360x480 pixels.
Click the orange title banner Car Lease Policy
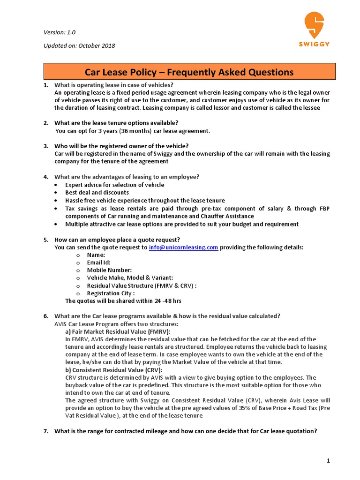pyautogui.click(x=189, y=72)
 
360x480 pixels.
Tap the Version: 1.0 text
pyautogui.click(x=60, y=32)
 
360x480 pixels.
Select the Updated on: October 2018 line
pyautogui.click(x=79, y=45)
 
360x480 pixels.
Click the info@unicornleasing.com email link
pyautogui.click(x=183, y=247)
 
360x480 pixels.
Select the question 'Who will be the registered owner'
pyautogui.click(x=121, y=146)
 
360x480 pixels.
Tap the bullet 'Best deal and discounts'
pyautogui.click(x=97, y=192)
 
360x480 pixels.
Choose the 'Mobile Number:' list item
pyautogui.click(x=109, y=270)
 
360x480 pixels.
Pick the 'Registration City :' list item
pyautogui.click(x=111, y=293)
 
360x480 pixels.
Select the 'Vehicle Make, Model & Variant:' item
pyautogui.click(x=130, y=277)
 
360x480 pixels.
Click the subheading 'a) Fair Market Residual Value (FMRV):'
pyautogui.click(x=118, y=331)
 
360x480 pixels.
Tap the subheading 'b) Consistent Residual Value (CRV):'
pyautogui.click(x=113, y=370)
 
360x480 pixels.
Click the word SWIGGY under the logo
pyautogui.click(x=314, y=44)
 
